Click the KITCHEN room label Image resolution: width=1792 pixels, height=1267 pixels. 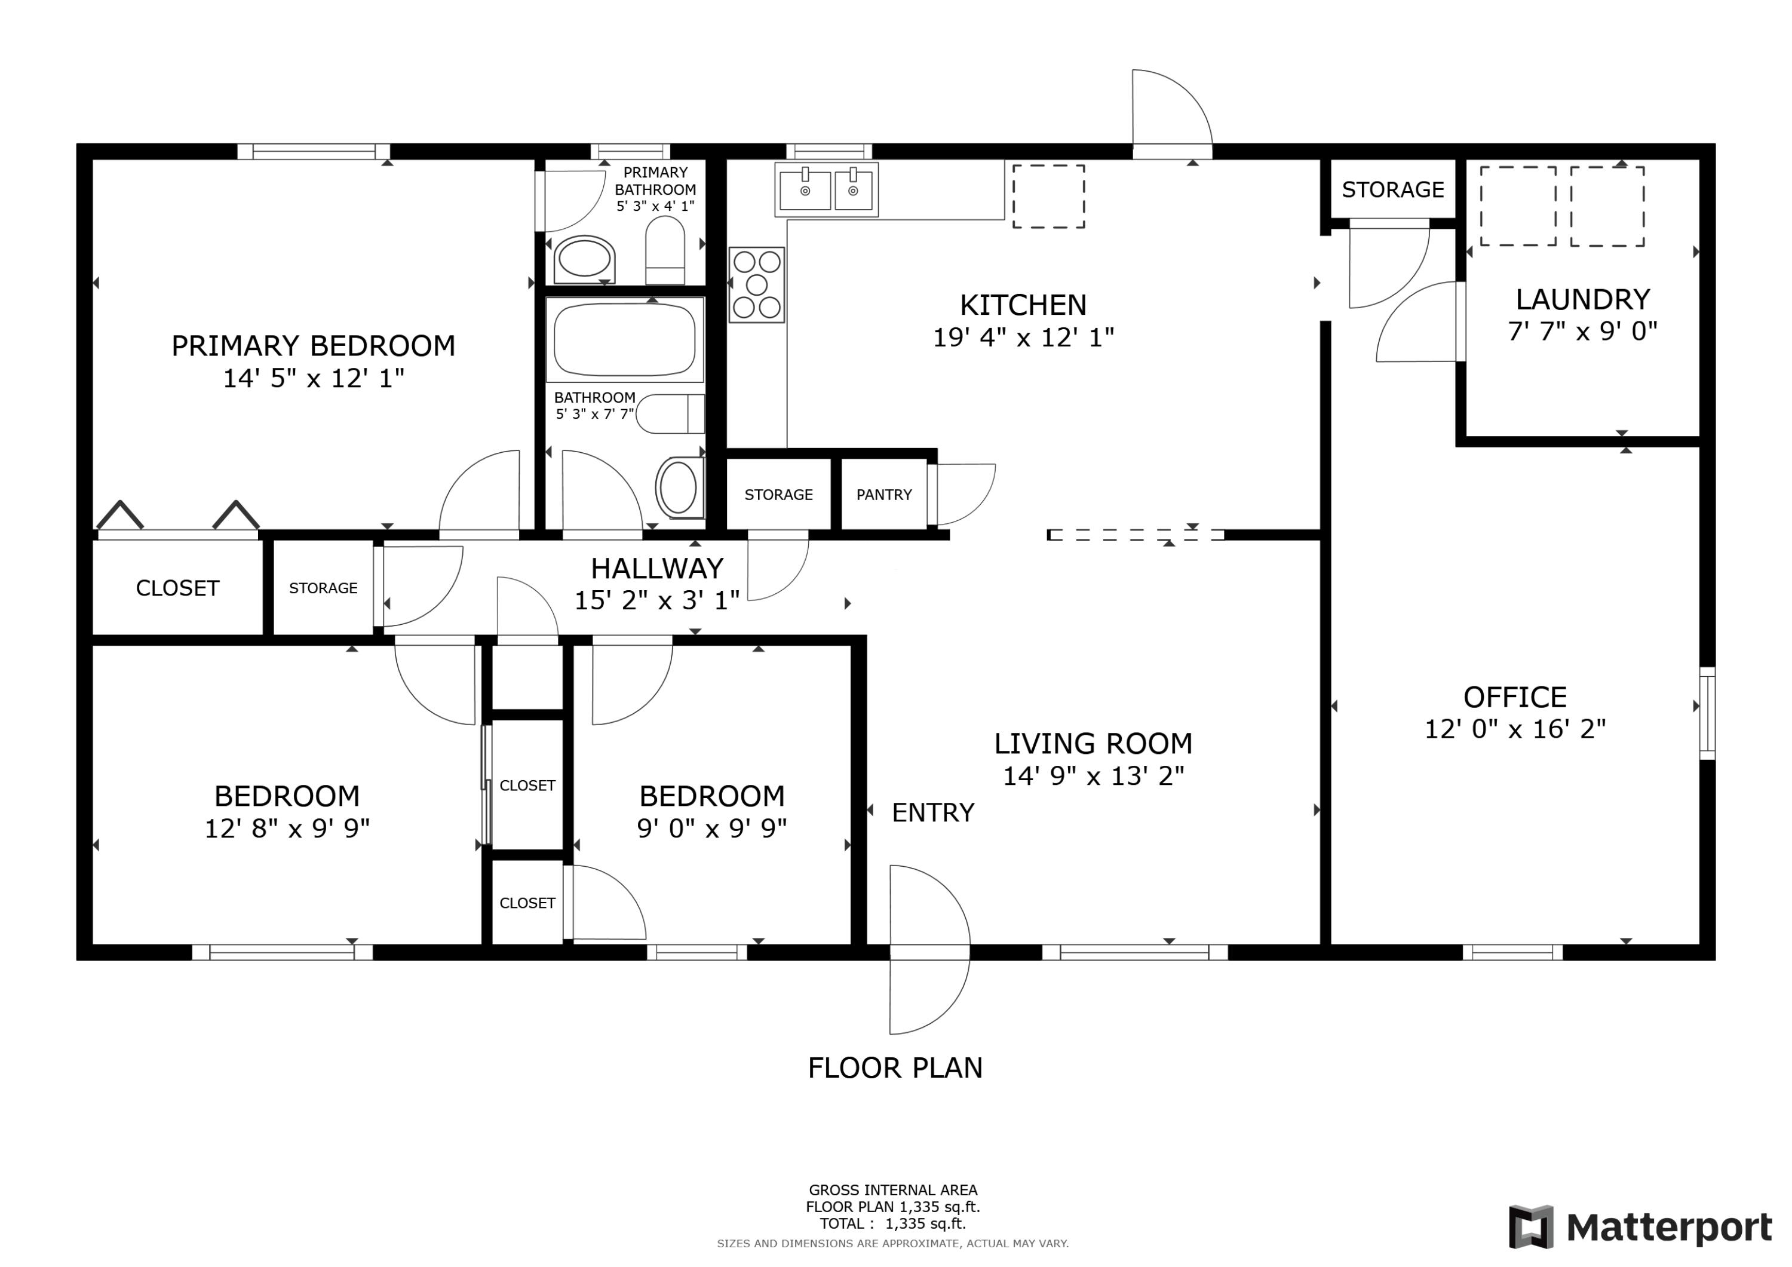(x=1023, y=305)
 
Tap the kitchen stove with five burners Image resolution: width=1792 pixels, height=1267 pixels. (x=756, y=285)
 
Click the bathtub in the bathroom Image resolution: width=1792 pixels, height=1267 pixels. (x=624, y=339)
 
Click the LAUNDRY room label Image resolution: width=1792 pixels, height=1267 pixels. (x=1582, y=300)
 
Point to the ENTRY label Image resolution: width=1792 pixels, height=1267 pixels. (x=932, y=812)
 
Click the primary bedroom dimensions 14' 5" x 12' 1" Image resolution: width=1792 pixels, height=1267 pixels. (x=314, y=379)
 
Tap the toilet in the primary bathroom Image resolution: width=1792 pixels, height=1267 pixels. (x=665, y=250)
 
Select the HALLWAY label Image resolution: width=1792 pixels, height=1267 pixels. (x=656, y=568)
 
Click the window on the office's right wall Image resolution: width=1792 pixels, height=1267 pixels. (x=1707, y=713)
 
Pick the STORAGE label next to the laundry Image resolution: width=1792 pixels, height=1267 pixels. (x=1392, y=190)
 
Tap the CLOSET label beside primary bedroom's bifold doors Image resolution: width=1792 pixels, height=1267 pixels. (x=177, y=588)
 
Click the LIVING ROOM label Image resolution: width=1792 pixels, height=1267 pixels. (x=1093, y=744)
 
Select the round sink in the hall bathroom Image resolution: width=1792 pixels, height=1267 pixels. (x=678, y=487)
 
